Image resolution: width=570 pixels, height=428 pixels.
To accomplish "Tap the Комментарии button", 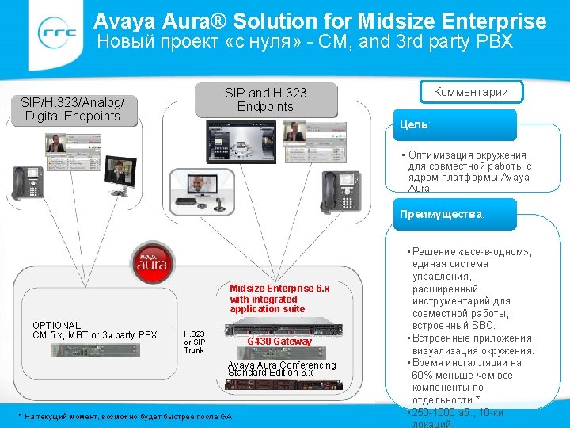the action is pyautogui.click(x=472, y=92).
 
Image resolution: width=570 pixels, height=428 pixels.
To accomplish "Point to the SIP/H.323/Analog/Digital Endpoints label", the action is pyautogui.click(x=71, y=109).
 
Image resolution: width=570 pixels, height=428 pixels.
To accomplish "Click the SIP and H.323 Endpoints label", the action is pyautogui.click(x=265, y=100).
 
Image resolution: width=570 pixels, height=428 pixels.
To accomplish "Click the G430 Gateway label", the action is pyautogui.click(x=279, y=342).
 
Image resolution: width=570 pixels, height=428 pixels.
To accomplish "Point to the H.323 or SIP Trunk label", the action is pyautogui.click(x=194, y=342).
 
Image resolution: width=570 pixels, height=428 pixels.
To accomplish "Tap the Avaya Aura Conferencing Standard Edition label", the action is pyautogui.click(x=282, y=369).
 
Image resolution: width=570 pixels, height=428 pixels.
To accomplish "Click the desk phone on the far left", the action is pyautogui.click(x=27, y=183).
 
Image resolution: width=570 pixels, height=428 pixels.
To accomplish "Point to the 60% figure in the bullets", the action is pyautogui.click(x=427, y=375).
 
